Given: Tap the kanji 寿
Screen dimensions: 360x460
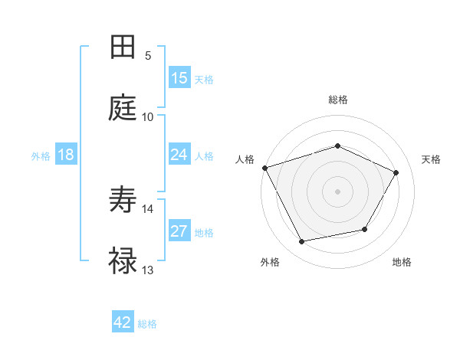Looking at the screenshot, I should (x=123, y=201).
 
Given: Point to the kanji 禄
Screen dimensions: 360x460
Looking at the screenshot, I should (x=123, y=261).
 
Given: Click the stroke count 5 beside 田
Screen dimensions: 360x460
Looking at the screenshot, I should (x=148, y=56).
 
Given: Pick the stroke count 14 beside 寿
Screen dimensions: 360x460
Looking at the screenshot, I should (x=148, y=208).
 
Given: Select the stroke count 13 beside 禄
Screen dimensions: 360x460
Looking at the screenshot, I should (x=148, y=270).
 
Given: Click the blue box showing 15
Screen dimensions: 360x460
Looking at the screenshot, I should (x=179, y=78).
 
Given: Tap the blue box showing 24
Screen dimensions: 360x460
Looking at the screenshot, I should (x=179, y=155).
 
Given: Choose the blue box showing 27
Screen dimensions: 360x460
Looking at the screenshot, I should (x=179, y=231).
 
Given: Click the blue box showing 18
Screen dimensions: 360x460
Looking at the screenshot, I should (x=66, y=155).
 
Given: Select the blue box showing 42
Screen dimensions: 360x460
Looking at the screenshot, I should (x=123, y=322).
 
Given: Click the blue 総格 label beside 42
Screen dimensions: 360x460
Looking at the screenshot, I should (x=147, y=324).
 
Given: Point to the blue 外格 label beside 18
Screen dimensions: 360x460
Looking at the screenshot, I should (x=41, y=156).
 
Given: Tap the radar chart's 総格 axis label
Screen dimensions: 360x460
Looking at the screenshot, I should (x=338, y=100).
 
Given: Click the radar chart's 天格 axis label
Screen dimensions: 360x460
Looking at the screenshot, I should (x=432, y=159).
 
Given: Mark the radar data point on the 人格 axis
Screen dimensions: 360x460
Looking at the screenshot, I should (x=265, y=168).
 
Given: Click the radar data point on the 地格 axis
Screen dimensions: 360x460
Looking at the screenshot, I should (x=365, y=229).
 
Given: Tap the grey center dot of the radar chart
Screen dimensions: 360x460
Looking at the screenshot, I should (x=337, y=191).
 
